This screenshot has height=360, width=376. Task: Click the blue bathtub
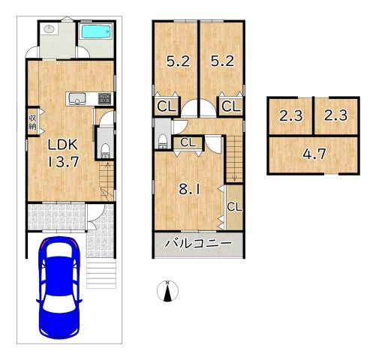coord(95,32)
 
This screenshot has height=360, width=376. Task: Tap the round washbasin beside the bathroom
coord(49,28)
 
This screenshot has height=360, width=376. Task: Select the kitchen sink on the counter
coord(77,98)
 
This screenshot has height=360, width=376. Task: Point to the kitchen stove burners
coord(104,98)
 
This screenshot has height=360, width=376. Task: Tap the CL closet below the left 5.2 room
coord(164,107)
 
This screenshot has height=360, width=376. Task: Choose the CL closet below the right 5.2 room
coord(230,107)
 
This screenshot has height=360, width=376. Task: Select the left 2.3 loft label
coord(290,116)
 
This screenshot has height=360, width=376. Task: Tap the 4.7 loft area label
coord(313,156)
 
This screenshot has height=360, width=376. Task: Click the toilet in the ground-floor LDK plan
coord(105,147)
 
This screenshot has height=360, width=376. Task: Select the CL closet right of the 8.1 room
coord(233,207)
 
